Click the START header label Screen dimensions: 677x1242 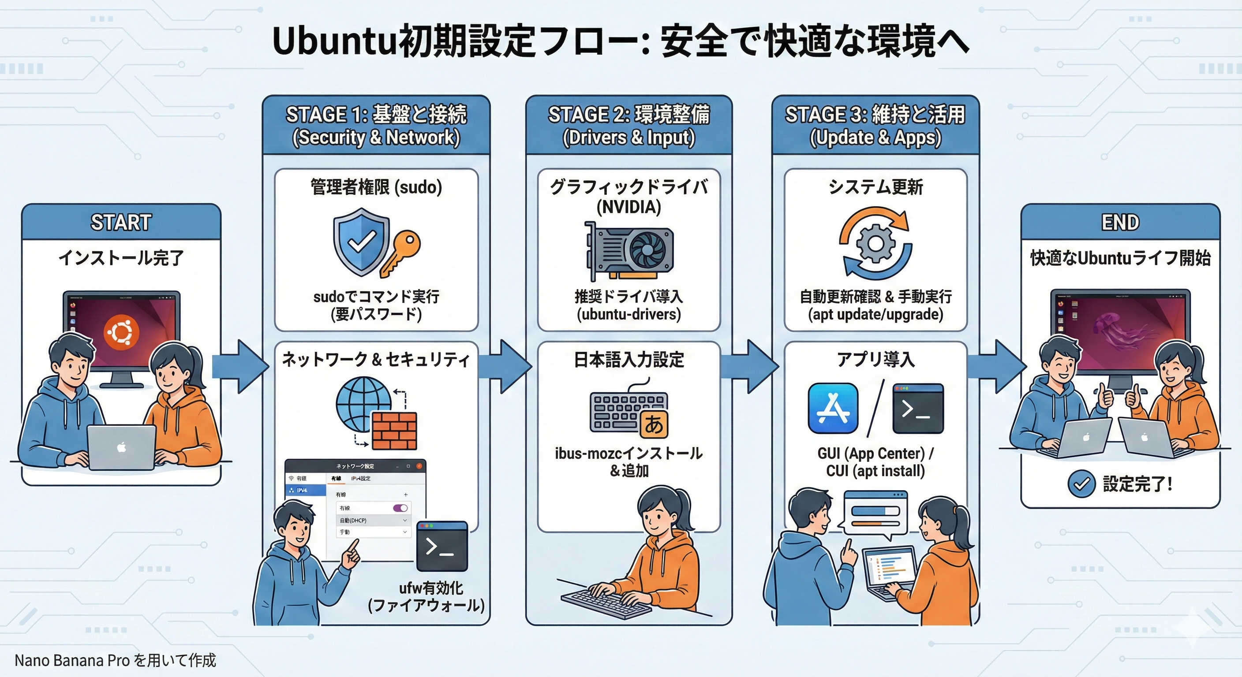(x=121, y=222)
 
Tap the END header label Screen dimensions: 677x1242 (x=1120, y=222)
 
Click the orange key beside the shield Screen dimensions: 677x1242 (x=400, y=252)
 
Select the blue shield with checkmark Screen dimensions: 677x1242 (x=361, y=241)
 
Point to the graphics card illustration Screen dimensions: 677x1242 (x=629, y=250)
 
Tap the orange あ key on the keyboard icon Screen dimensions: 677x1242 (x=654, y=424)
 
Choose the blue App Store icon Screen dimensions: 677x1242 (x=833, y=408)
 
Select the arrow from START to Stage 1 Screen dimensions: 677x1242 (x=239, y=366)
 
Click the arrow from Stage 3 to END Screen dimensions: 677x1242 (x=995, y=366)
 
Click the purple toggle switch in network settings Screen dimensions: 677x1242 (x=400, y=508)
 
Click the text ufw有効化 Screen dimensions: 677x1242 (x=430, y=588)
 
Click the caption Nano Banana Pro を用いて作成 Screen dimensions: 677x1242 (x=115, y=660)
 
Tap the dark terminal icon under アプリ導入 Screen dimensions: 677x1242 (x=918, y=408)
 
